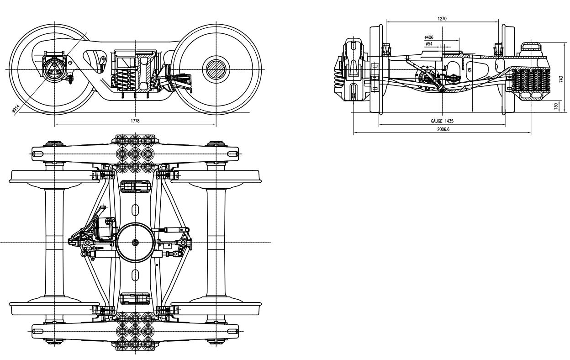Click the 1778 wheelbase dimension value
[x=135, y=121]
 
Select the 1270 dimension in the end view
[x=442, y=18]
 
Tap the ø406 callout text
[x=428, y=37]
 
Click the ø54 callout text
[x=429, y=44]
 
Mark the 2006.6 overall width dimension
[x=442, y=129]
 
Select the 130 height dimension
[x=555, y=106]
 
